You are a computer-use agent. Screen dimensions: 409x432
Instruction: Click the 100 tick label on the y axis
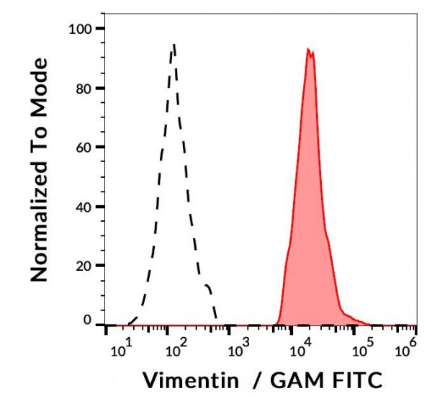tap(81, 29)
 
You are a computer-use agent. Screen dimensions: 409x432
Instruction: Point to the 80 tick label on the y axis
tap(85, 89)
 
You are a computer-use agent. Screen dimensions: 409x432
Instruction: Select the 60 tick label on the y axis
tap(85, 148)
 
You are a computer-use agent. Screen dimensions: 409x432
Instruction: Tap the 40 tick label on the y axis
tap(85, 207)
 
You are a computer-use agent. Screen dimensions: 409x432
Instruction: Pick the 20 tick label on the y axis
tap(85, 266)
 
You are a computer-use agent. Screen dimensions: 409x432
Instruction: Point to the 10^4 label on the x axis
tap(300, 351)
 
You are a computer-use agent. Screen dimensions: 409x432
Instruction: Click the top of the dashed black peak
tap(174, 45)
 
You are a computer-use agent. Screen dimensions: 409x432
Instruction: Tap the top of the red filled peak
tap(308, 49)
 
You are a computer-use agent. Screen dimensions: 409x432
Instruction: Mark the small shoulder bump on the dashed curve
tap(208, 287)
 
